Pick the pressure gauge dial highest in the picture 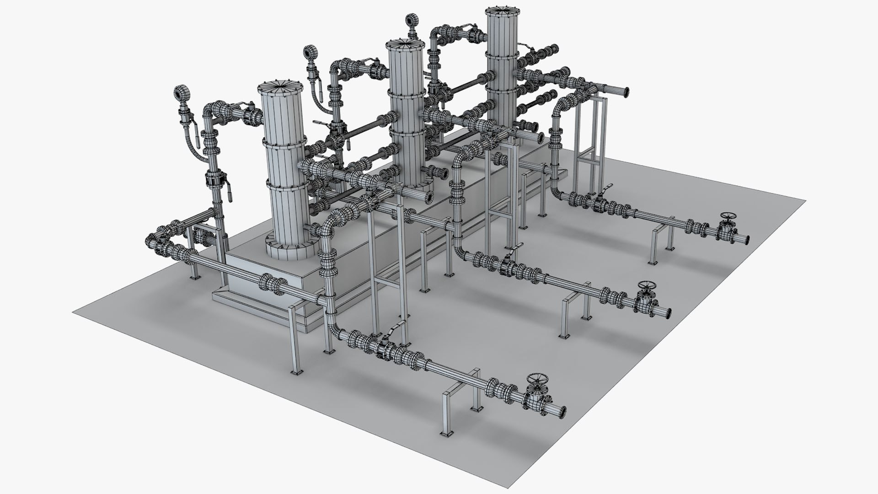[x=410, y=20]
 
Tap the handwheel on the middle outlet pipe [x=646, y=287]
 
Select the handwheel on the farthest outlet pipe [x=727, y=217]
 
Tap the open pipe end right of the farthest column [x=623, y=93]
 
